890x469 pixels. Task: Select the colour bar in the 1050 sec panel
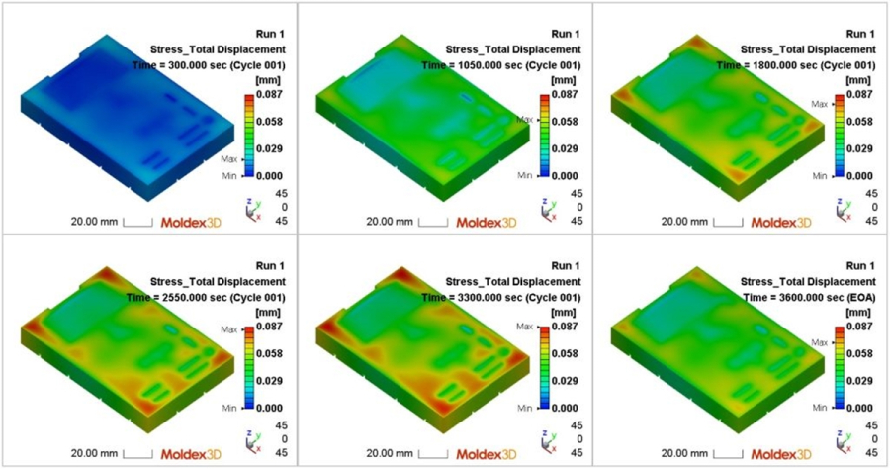click(544, 136)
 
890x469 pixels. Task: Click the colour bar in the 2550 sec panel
click(249, 367)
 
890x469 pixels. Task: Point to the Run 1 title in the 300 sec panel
click(268, 34)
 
